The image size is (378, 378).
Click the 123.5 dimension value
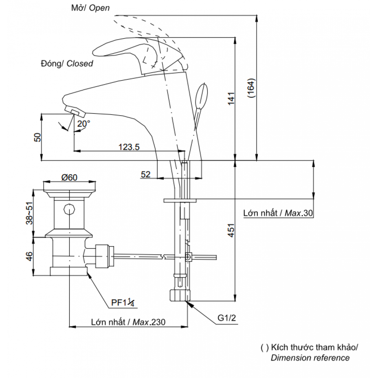point(129,147)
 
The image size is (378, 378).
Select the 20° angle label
point(84,124)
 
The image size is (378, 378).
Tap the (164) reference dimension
point(251,88)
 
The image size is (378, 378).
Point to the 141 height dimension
point(231,98)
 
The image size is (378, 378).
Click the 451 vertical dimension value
point(231,231)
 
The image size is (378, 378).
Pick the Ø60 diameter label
point(70,177)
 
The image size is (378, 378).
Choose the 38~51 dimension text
point(29,213)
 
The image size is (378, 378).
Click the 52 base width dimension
point(146,174)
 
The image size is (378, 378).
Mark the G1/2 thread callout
point(226,318)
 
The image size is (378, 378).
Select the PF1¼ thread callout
point(123,302)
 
